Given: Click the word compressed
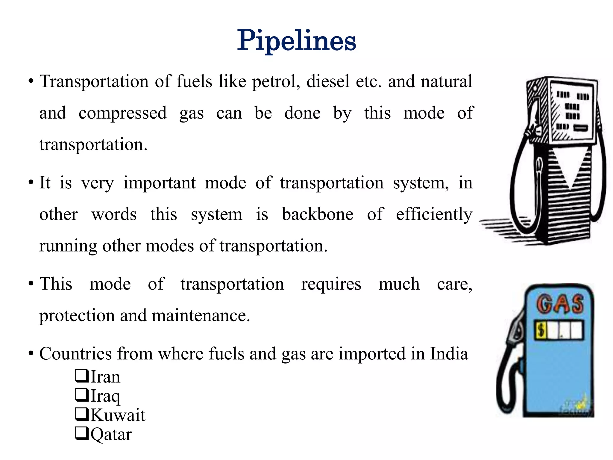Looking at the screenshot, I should [122, 113].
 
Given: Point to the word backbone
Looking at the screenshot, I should [318, 214].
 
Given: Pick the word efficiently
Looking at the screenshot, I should [434, 214].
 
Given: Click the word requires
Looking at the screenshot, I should [331, 284].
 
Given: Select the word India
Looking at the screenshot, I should [449, 354].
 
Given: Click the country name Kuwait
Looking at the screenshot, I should [118, 415].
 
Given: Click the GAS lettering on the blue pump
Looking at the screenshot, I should [559, 304].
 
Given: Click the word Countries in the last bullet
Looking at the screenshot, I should [75, 354].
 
